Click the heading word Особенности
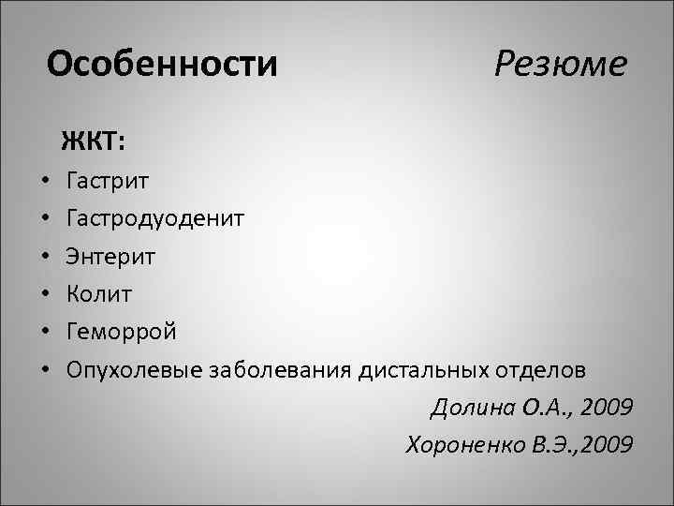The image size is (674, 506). click(162, 64)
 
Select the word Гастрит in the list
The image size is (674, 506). click(108, 180)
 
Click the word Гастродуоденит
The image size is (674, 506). click(155, 218)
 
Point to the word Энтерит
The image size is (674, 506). click(111, 256)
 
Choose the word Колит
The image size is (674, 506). click(99, 293)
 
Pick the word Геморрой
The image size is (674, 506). click(121, 332)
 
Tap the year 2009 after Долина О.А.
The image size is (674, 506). click(606, 409)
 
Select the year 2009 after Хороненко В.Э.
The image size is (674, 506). click(606, 445)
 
